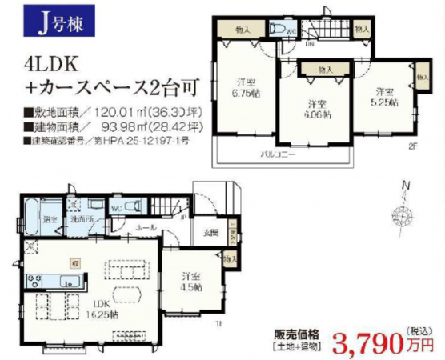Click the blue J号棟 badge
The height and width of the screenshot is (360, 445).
click(x=55, y=21)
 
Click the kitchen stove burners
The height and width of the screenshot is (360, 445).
click(x=34, y=280)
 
